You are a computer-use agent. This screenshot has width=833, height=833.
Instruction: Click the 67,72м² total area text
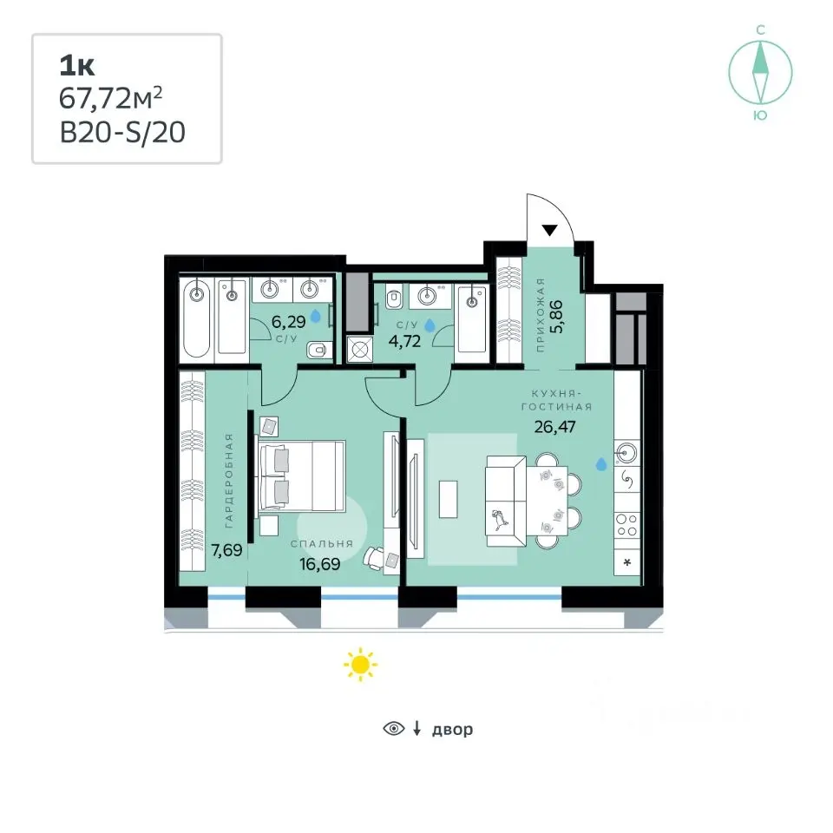[x=110, y=98]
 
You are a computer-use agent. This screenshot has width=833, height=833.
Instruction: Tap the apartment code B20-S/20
[x=122, y=132]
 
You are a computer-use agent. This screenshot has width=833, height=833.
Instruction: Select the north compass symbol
[x=760, y=73]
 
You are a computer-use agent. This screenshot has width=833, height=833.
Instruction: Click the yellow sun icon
[x=360, y=664]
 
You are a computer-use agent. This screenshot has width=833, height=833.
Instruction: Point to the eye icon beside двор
[x=394, y=728]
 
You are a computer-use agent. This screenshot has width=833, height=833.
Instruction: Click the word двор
[x=452, y=730]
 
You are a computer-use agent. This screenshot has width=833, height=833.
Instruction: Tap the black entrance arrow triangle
[x=549, y=230]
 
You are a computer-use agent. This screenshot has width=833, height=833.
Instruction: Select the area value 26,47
[x=554, y=427]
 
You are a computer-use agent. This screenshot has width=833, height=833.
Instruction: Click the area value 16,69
[x=320, y=564]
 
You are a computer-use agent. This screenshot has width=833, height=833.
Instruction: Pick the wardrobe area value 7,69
[x=226, y=550]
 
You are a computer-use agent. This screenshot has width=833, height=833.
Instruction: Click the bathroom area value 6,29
[x=288, y=321]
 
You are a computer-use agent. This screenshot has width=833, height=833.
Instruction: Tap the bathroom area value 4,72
[x=404, y=341]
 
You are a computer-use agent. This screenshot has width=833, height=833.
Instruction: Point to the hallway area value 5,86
[x=557, y=317]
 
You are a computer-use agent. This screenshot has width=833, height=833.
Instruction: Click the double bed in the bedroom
[x=300, y=476]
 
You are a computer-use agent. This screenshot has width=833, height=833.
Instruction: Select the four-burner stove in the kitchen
[x=626, y=525]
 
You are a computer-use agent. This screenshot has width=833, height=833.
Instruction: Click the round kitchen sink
[x=626, y=453]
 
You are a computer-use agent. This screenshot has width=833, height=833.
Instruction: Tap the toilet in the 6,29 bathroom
[x=318, y=350]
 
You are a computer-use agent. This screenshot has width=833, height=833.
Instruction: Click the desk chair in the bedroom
[x=374, y=558]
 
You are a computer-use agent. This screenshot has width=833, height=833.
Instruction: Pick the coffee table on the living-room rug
[x=448, y=499]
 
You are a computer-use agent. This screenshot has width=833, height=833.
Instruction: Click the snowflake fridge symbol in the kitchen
[x=626, y=562]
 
